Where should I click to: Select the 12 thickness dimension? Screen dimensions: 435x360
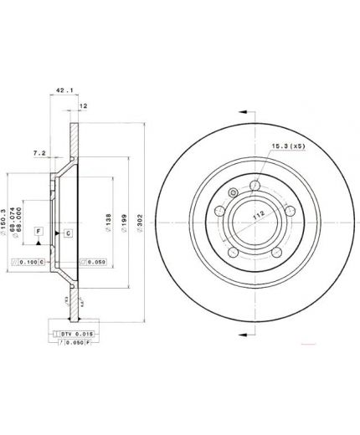pyautogui.click(x=83, y=106)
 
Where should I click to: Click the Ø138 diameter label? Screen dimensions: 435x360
pyautogui.click(x=108, y=218)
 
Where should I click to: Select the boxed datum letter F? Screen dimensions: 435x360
pyautogui.click(x=37, y=230)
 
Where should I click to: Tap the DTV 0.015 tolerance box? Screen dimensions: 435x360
pyautogui.click(x=75, y=334)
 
